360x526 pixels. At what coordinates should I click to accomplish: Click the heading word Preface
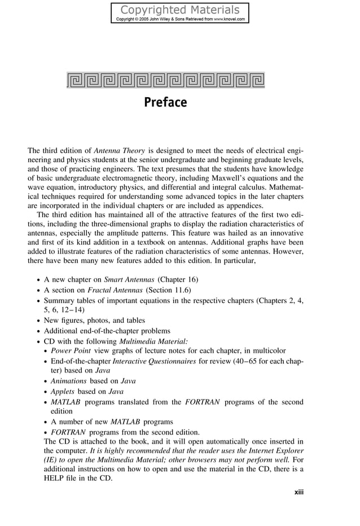click(165, 103)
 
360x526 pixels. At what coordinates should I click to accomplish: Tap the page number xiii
click(298, 492)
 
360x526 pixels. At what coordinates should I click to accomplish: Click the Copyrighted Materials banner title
click(180, 10)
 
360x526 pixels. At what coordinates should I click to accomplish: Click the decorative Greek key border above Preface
click(165, 80)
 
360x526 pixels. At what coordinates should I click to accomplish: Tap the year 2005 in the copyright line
click(146, 19)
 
